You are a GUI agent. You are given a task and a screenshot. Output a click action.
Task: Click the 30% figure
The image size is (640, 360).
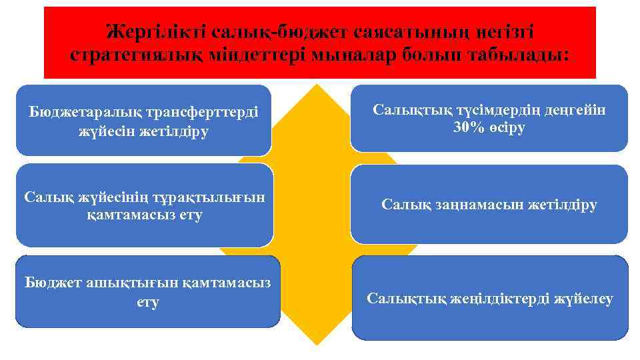pos(467,128)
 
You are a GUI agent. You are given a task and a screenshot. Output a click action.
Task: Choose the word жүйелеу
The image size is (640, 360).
pos(583,298)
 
